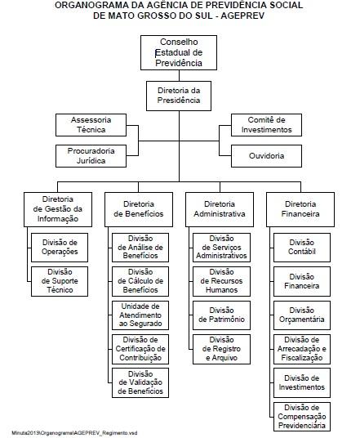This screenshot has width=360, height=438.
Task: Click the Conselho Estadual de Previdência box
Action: [x=179, y=52]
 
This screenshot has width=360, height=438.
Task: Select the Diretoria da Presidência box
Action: [x=179, y=96]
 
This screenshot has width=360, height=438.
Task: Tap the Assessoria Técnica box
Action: [x=91, y=125]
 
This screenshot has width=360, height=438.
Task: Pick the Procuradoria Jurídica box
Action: [x=91, y=156]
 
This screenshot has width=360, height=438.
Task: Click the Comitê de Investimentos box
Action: [x=266, y=125]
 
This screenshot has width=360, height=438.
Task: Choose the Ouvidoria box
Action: [x=266, y=156]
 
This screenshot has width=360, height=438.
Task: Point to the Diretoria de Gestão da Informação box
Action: [x=58, y=209]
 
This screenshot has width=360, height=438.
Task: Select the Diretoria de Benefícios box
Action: [x=139, y=209]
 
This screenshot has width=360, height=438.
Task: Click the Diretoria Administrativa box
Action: [x=220, y=209]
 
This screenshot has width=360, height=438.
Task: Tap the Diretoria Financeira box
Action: [x=300, y=209]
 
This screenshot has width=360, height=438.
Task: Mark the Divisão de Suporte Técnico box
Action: [x=60, y=281]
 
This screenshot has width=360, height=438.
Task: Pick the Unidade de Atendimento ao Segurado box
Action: [x=140, y=315]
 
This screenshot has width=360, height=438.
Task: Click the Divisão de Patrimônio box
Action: [x=221, y=315]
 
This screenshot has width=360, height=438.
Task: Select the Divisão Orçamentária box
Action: [x=302, y=315]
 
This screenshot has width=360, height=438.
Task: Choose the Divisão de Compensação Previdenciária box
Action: [x=302, y=417]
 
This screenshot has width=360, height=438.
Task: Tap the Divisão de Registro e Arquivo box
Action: [x=221, y=349]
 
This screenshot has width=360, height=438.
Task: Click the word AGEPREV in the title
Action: [x=242, y=16]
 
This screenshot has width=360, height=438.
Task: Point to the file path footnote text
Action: [x=74, y=433]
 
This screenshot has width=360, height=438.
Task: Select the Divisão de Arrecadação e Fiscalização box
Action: [x=302, y=349]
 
